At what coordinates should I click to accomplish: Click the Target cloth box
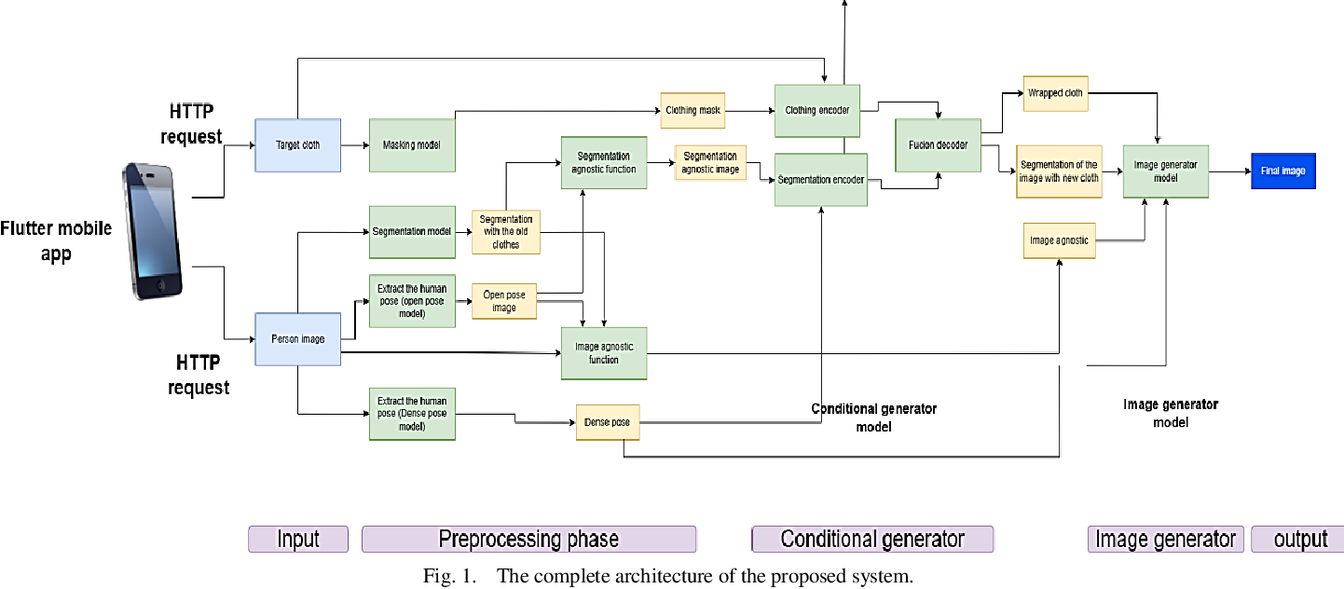point(297,145)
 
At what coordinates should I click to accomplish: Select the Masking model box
point(412,145)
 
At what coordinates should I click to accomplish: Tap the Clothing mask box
point(693,110)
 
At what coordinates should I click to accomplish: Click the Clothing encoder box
point(817,110)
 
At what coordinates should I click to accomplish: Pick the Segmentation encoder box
point(820,179)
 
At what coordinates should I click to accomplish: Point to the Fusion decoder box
point(938,145)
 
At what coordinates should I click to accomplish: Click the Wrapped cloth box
point(1055,93)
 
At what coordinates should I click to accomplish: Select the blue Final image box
point(1282,171)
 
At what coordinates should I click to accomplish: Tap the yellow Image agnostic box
point(1059,240)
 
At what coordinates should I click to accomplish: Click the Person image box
point(297,339)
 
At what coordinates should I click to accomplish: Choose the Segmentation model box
point(412,231)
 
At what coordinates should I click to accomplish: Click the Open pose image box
point(503,301)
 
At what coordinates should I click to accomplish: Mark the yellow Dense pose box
point(607,422)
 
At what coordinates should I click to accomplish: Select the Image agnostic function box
point(603,353)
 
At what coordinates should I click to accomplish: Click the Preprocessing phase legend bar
point(528,540)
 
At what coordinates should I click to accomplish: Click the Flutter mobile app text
point(56,240)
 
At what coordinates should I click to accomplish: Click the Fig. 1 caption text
point(667,575)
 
